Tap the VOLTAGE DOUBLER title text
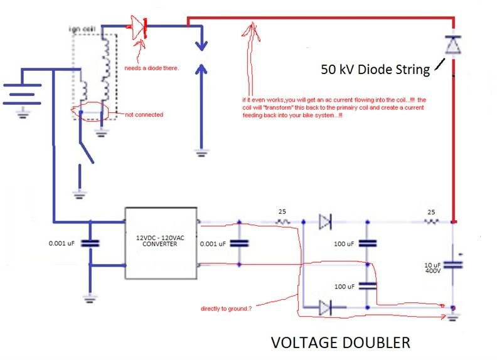(341, 342)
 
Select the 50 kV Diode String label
(375, 70)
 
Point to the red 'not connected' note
(144, 115)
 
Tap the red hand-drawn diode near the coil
(139, 27)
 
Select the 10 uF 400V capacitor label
(432, 268)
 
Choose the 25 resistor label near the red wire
(431, 213)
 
